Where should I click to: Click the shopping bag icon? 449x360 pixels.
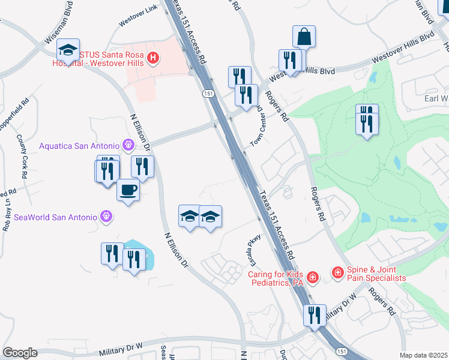pyautogui.click(x=304, y=37)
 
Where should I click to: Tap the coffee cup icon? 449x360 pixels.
pyautogui.click(x=128, y=190)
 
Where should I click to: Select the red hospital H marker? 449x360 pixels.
pyautogui.click(x=153, y=58)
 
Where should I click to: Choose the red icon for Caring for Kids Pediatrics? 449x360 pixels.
pyautogui.click(x=312, y=277)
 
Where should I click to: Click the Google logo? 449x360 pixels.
pyautogui.click(x=20, y=353)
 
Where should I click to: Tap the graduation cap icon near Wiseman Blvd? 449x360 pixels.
pyautogui.click(x=68, y=49)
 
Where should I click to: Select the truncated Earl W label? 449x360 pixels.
pyautogui.click(x=436, y=98)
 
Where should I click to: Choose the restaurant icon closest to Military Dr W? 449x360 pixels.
pyautogui.click(x=315, y=315)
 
